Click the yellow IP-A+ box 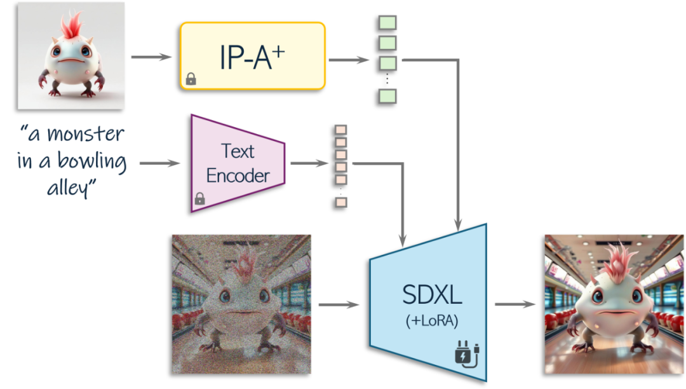pyautogui.click(x=253, y=56)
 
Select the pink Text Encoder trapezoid pyautogui.click(x=237, y=163)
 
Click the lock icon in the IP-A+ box pyautogui.click(x=190, y=79)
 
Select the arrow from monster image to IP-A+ pyautogui.click(x=151, y=57)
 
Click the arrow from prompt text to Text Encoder pyautogui.click(x=159, y=164)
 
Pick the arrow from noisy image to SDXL pyautogui.click(x=338, y=306)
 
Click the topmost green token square pyautogui.click(x=387, y=23)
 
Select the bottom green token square pyautogui.click(x=387, y=96)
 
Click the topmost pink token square pyautogui.click(x=341, y=130)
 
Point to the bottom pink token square pyautogui.click(x=341, y=202)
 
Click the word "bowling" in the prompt pyautogui.click(x=91, y=162)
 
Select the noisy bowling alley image pyautogui.click(x=241, y=304)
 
